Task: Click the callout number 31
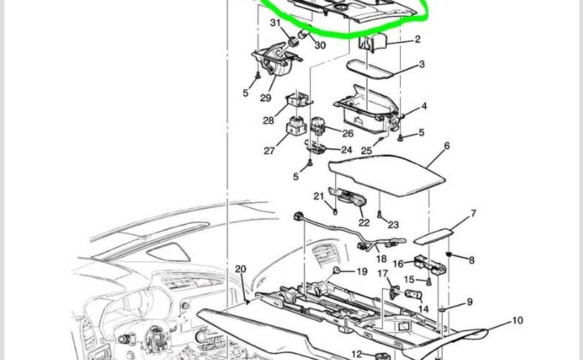point(275,23)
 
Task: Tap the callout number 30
point(320,45)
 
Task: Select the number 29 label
point(266,98)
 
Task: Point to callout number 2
point(417,39)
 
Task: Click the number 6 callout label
point(447,145)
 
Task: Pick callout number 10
point(518,320)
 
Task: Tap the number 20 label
point(240,269)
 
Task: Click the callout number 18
point(381,258)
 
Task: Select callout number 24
point(346,150)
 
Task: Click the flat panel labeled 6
point(387,175)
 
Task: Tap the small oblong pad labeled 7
point(434,237)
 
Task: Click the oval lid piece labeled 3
point(371,70)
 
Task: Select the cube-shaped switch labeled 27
point(295,125)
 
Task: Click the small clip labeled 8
point(449,254)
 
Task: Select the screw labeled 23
point(379,215)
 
